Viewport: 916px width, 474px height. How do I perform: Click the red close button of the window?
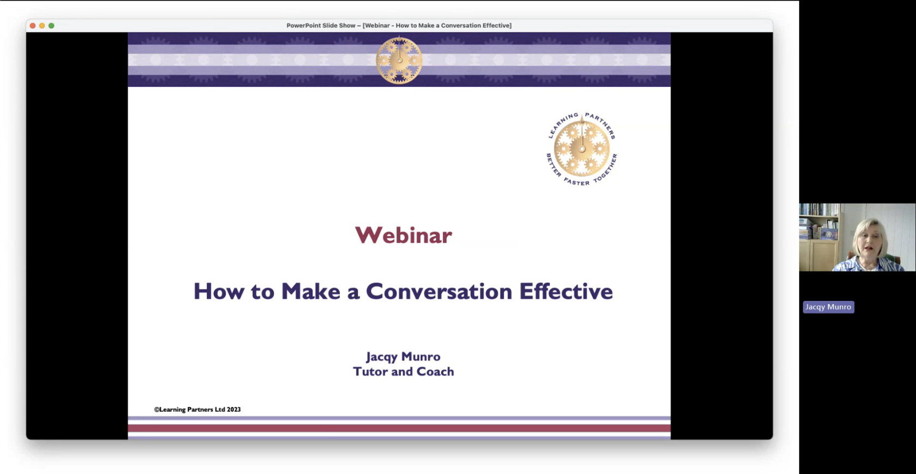coord(33,25)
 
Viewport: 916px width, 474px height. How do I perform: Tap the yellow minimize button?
coord(42,25)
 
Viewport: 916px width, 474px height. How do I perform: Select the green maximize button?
coord(51,25)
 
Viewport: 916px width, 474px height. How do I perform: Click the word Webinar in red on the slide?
coord(403,235)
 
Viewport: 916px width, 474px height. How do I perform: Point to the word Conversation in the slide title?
coord(439,291)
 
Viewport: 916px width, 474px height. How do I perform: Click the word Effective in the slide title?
coord(566,291)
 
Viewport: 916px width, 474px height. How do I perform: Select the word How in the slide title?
coord(219,291)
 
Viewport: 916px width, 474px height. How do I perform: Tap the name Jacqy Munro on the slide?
coord(403,357)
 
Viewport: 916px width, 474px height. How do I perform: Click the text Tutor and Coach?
coord(403,371)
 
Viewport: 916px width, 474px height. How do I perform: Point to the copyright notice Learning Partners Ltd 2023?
coord(197,410)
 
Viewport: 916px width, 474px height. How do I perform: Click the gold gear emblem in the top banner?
coord(399,60)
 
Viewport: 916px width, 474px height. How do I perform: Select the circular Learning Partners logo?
coord(582,149)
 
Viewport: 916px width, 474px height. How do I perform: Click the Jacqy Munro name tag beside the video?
coord(829,307)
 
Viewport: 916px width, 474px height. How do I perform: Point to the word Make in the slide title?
coord(311,291)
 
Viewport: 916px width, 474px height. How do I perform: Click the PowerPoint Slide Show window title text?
coord(399,25)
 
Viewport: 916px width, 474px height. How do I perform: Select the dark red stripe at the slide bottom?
coord(399,428)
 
